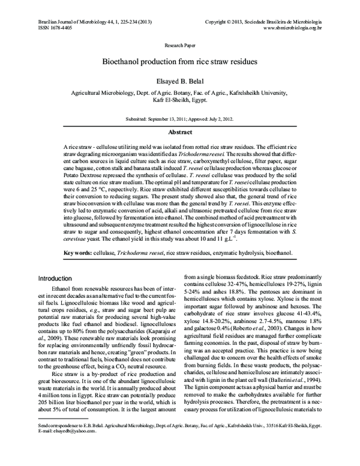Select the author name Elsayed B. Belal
(x=180, y=80)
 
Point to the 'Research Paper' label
(x=180, y=45)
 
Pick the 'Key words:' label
(x=80, y=253)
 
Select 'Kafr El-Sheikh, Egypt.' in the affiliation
(x=180, y=101)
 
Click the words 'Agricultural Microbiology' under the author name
(x=104, y=94)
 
